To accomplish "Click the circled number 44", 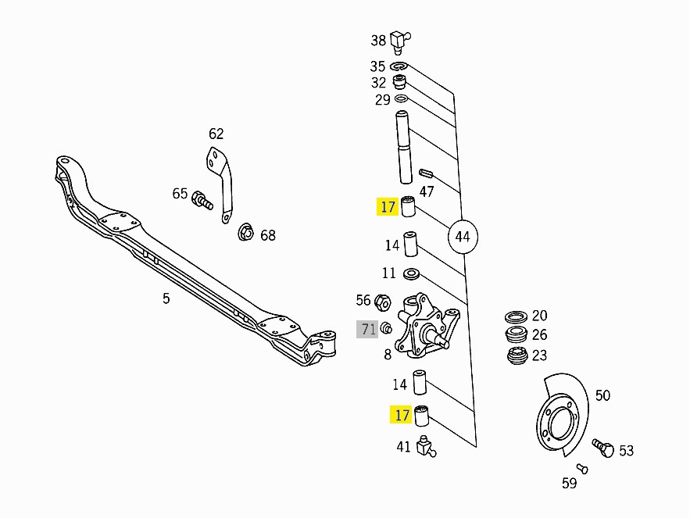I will pos(463,235).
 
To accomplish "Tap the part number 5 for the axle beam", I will pos(166,298).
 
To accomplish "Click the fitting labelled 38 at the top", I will pos(401,38).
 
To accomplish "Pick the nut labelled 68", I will pos(245,231).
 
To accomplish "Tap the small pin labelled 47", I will pos(426,173).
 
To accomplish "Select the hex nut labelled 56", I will pos(383,301).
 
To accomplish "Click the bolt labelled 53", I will pos(602,448).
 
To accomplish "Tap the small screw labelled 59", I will pos(582,468).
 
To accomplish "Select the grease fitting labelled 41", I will pos(426,446).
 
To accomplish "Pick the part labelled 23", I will pos(516,356).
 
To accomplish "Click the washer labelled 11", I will pos(411,273).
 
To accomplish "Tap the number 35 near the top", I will pos(378,66).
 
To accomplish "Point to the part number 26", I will pos(540,335).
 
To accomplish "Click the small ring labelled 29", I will pos(402,100).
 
